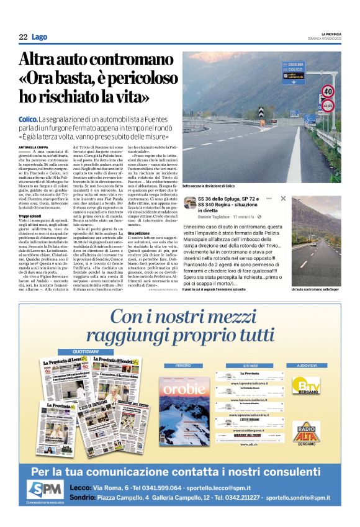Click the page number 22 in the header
coord(23,38)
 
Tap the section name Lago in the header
coord(40,38)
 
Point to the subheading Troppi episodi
coord(32,215)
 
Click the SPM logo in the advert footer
coord(46,489)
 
